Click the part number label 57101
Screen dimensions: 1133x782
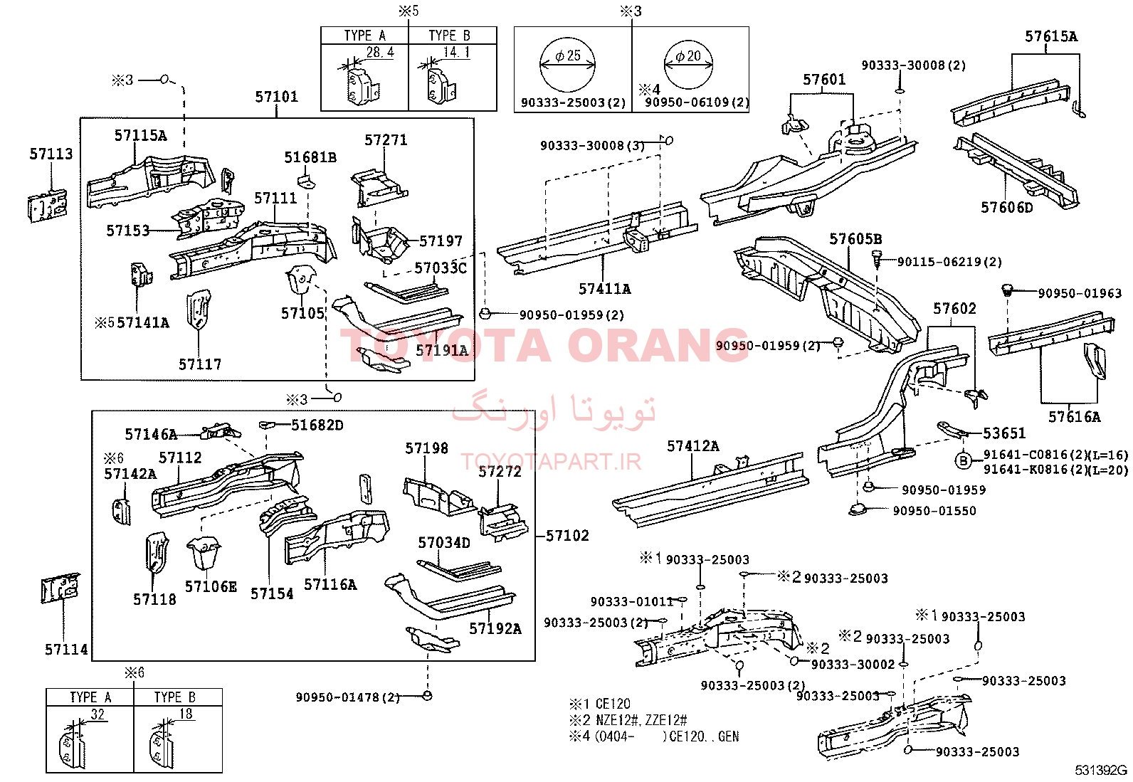(276, 97)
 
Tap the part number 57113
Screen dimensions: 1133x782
(51, 154)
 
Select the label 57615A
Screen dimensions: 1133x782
(1051, 36)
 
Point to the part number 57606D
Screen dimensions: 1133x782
(1006, 207)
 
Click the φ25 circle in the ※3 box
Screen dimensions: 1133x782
(567, 64)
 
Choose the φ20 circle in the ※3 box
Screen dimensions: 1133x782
(688, 64)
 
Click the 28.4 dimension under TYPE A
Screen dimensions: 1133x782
(380, 52)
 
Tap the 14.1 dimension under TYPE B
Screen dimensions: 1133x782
(456, 52)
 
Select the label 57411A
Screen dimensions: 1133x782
(604, 289)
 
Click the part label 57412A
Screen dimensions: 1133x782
(693, 446)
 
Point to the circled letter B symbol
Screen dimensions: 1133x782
(963, 461)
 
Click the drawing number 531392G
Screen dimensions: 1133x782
(1101, 771)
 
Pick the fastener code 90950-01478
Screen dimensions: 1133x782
(337, 697)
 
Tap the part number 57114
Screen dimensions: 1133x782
(66, 650)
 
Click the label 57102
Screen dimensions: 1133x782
(567, 536)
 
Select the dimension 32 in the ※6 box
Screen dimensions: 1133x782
(98, 714)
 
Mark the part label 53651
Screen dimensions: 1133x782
(1004, 433)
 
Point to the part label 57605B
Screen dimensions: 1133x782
(855, 239)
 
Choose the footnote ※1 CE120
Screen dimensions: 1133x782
(600, 704)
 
